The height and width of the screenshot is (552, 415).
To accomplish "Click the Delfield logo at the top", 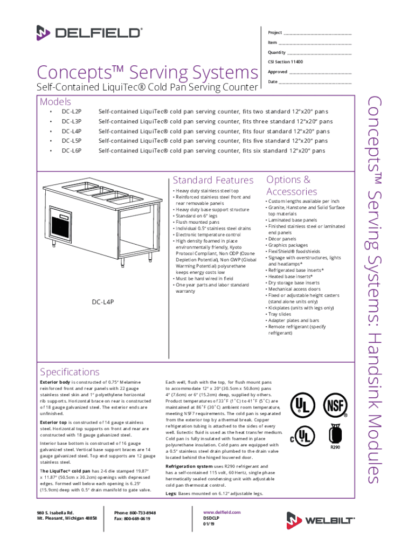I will tap(89, 33).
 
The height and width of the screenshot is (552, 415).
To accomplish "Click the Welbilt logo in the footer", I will tap(320, 520).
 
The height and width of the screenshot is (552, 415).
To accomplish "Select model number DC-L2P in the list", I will tap(71, 112).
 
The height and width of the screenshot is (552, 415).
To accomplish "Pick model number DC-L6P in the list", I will tap(71, 151).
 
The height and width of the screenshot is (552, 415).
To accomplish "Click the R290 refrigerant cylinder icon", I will tap(335, 436).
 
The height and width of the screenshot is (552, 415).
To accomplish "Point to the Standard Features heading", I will tap(212, 180).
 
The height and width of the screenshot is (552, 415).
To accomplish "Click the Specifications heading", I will tap(70, 372).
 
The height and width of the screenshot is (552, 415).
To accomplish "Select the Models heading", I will tap(56, 101).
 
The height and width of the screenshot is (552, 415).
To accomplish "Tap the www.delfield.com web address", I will tap(222, 513).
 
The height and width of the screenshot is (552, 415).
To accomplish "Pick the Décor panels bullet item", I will tap(283, 239).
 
